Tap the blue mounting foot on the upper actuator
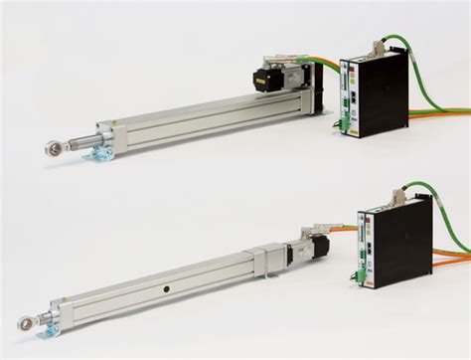(x=100, y=156)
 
